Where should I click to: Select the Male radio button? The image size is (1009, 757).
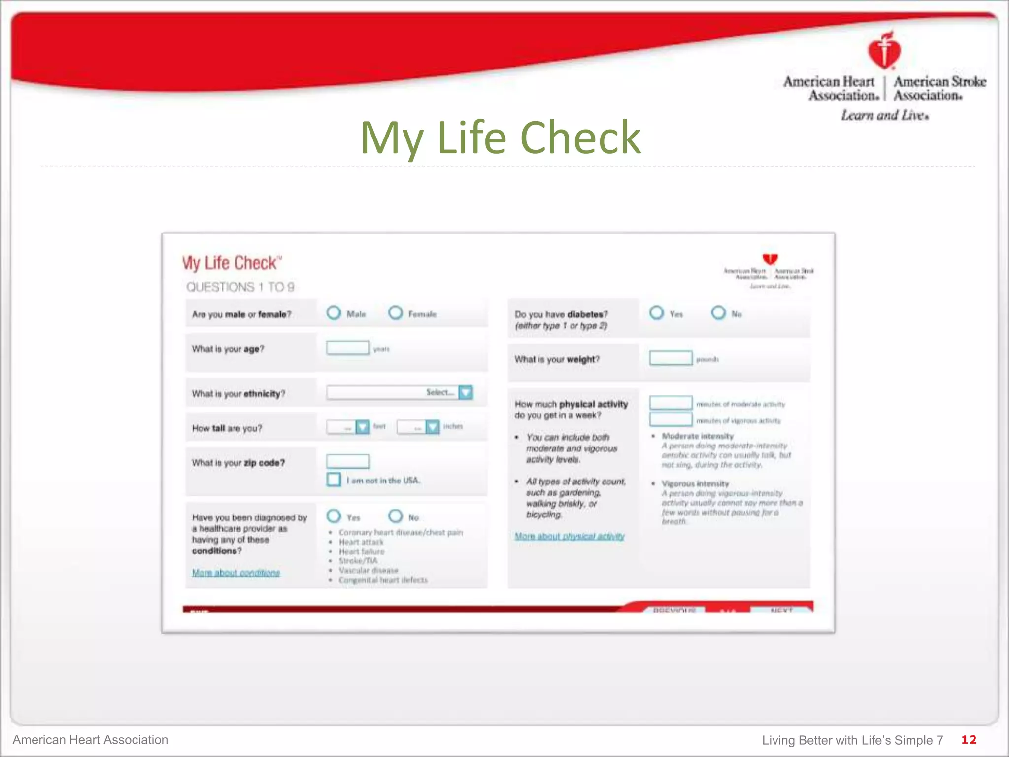click(334, 313)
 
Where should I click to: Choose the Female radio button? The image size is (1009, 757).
click(395, 313)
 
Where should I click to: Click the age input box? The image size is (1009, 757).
click(347, 348)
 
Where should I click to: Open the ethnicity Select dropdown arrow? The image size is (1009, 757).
click(466, 392)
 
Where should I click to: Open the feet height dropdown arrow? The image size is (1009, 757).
click(362, 427)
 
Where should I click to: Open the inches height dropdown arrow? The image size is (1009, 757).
click(432, 427)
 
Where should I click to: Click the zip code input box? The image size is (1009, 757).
click(347, 461)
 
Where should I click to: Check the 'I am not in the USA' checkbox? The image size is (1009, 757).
click(334, 480)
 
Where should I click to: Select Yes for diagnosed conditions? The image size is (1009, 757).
click(334, 516)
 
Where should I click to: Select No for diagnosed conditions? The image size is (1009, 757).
click(395, 516)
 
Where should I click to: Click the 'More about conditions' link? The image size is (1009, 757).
click(236, 573)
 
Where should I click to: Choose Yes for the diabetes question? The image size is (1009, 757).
click(656, 313)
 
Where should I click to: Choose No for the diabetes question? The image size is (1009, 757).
click(718, 313)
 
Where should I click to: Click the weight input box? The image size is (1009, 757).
click(671, 358)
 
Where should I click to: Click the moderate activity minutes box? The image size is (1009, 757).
click(671, 403)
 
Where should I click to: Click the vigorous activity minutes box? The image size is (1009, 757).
click(671, 420)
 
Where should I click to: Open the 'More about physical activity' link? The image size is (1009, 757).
click(570, 536)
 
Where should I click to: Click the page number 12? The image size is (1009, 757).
click(969, 740)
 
